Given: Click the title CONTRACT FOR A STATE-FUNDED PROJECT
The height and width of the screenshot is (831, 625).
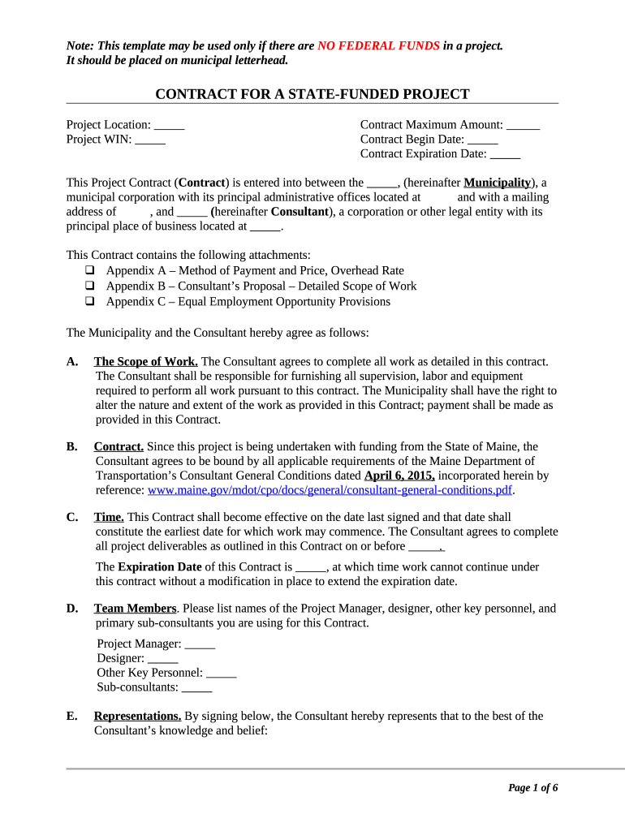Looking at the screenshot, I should tap(312, 94).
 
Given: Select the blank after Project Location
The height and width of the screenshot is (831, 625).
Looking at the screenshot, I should tap(169, 125).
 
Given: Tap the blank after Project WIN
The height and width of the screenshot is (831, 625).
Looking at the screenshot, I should tap(150, 140).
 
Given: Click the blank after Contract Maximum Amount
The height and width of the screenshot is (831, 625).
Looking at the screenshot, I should tap(524, 125).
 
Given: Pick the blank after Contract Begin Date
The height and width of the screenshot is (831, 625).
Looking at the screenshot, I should tap(483, 140).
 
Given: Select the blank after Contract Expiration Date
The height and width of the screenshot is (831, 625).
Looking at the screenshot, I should tap(506, 154).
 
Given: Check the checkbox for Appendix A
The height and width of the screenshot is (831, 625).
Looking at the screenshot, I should tap(89, 271).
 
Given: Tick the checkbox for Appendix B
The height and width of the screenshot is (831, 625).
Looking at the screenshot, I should tap(89, 286).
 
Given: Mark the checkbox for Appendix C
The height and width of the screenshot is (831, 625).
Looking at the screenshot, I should tap(89, 302).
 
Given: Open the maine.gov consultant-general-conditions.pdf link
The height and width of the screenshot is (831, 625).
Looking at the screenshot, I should tap(330, 490).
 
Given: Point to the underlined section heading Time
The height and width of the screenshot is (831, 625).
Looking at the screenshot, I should tap(109, 517).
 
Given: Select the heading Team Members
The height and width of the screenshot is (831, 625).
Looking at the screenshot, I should tap(135, 609).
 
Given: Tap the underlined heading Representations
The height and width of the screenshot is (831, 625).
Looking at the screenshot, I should tap(137, 716).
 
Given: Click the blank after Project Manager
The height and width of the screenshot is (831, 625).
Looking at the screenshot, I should tap(200, 644).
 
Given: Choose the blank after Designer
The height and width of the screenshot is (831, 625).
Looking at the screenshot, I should tap(162, 658).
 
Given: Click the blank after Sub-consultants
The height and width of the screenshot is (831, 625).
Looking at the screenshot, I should tap(196, 687).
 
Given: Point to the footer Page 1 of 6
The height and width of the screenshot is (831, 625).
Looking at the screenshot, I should tap(532, 788).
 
